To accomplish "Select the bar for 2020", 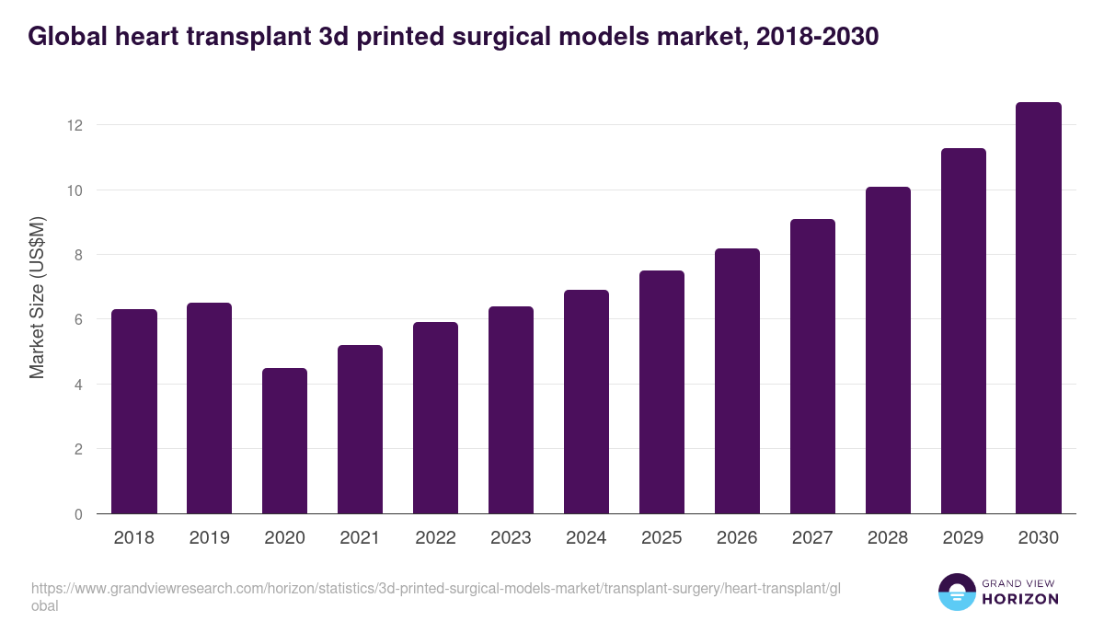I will click(x=284, y=441).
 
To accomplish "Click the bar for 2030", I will click(x=1039, y=308).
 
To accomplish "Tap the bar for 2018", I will click(x=134, y=411).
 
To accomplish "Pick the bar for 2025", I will click(x=661, y=392).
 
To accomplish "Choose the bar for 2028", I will click(x=888, y=351).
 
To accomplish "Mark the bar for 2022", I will click(x=435, y=418).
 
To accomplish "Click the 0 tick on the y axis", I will click(x=78, y=514).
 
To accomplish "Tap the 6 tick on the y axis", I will click(x=78, y=319).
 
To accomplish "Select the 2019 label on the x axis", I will click(x=209, y=538).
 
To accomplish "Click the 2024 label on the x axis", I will click(x=586, y=538).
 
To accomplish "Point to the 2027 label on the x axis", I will click(x=812, y=538).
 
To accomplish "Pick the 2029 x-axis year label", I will click(x=963, y=538).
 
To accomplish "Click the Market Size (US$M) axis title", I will click(x=37, y=297).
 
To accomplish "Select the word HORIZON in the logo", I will click(x=1021, y=599).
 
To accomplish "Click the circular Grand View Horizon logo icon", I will click(x=957, y=592).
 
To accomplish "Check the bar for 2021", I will click(x=360, y=430).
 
